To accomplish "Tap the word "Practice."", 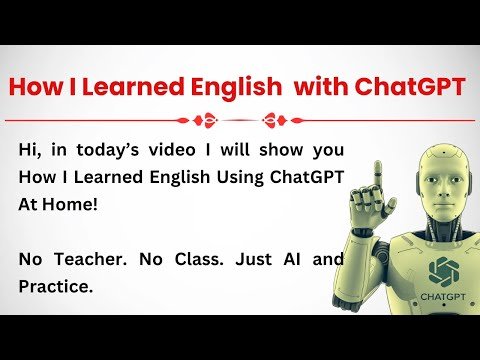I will tap(56, 286).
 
